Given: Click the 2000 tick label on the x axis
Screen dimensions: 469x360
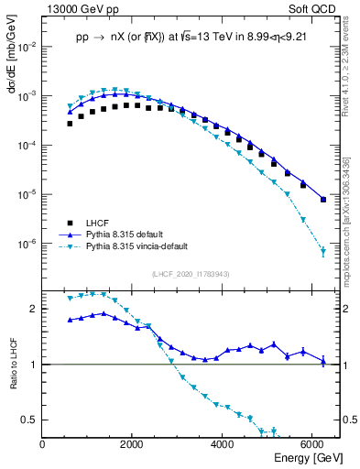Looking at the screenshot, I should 133,444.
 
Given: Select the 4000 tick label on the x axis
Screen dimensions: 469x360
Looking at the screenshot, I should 223,444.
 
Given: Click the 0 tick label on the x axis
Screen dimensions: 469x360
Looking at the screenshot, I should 43,444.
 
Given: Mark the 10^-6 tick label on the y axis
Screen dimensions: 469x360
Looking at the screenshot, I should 27,245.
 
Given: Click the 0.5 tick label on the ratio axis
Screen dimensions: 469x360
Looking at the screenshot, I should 29,420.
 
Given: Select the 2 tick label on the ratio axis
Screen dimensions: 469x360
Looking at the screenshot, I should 35,309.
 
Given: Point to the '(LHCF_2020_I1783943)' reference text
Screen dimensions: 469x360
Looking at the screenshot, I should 190,274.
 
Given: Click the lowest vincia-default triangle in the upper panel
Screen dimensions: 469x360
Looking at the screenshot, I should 322,251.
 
